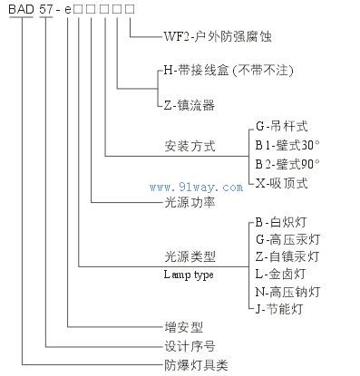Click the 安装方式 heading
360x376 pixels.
click(x=190, y=145)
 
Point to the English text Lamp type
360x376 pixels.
click(x=189, y=273)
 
